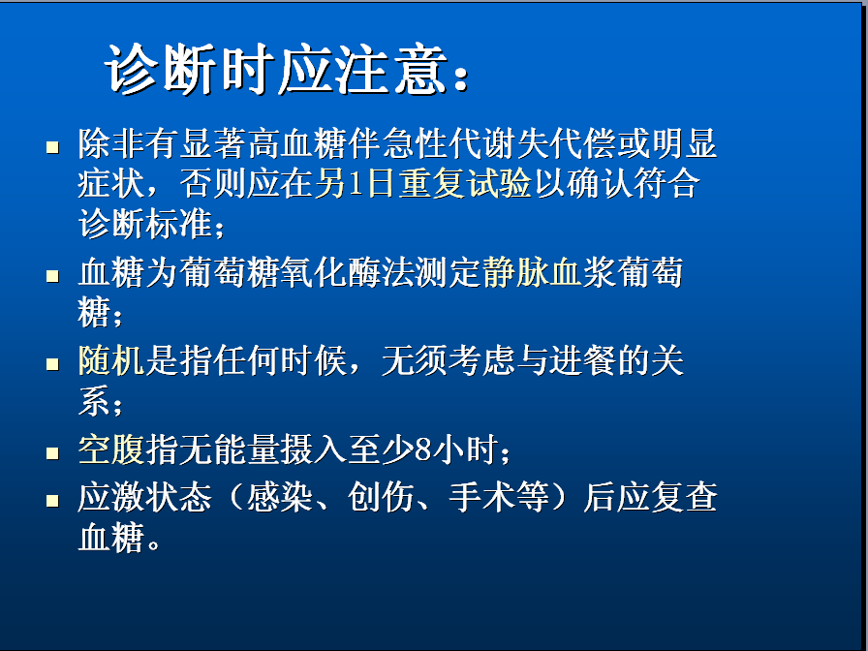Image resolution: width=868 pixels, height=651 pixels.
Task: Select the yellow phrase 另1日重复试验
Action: (x=423, y=183)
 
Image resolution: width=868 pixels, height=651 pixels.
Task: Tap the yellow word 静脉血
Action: (x=533, y=272)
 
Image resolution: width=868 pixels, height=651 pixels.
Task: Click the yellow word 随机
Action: (x=111, y=361)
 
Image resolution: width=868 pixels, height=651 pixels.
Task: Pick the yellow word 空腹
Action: (x=111, y=449)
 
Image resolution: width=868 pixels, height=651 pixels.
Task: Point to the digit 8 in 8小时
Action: (x=423, y=449)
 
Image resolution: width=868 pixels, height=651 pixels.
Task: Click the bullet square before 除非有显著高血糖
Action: (x=52, y=147)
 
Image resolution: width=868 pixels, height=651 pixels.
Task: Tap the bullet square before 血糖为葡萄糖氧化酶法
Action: (x=52, y=276)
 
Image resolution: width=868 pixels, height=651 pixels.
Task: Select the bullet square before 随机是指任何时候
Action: (x=52, y=364)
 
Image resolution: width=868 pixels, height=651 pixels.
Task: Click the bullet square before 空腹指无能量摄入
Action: (x=52, y=452)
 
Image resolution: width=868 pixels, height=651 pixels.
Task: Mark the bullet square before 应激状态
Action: (x=52, y=501)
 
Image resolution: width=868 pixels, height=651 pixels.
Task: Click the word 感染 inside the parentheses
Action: (x=280, y=497)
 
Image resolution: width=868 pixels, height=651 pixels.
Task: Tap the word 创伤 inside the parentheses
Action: (x=381, y=497)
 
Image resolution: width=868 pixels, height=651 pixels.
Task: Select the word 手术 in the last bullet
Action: (x=482, y=497)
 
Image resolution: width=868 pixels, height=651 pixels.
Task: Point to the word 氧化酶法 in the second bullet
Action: (x=347, y=272)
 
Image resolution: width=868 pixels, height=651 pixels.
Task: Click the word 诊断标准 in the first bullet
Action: (x=145, y=224)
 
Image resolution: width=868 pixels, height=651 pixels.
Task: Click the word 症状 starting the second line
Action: (x=111, y=183)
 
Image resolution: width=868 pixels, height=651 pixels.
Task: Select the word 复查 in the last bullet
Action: (x=684, y=497)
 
